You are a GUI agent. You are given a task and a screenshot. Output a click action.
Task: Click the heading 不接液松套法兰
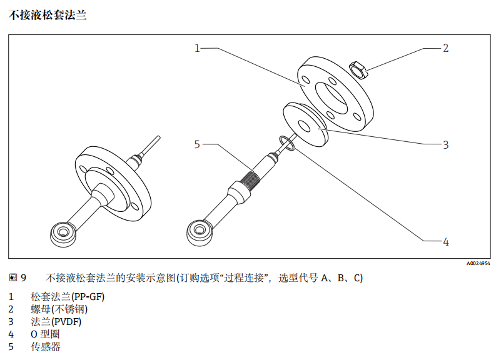tap(48, 15)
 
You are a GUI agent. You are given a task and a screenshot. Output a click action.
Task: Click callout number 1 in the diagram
tap(197, 48)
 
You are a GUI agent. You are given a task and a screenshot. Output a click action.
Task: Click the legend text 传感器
tap(46, 346)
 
